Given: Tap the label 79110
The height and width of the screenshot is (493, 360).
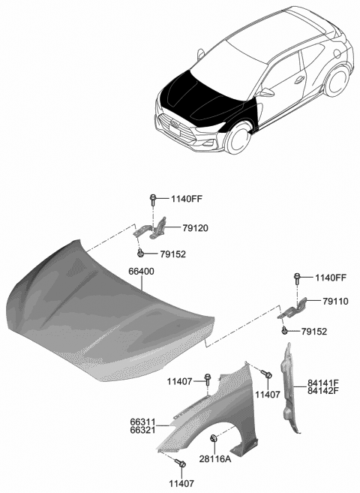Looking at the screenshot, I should coord(335,302).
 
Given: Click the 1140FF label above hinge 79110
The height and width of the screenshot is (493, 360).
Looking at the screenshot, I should coord(330,278).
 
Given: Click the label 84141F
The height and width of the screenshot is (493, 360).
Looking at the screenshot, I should coord(323,381).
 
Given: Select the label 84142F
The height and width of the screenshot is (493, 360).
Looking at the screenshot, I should coord(323,390).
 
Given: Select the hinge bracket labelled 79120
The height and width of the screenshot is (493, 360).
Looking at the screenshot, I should coord(156,227).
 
